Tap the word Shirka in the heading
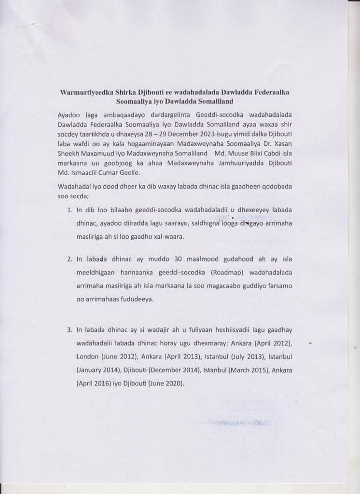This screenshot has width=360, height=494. [x=127, y=92]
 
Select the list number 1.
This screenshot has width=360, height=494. [x=69, y=211]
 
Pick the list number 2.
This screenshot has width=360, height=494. [x=69, y=259]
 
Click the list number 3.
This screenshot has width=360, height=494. [x=69, y=330]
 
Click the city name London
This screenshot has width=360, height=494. [x=87, y=357]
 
